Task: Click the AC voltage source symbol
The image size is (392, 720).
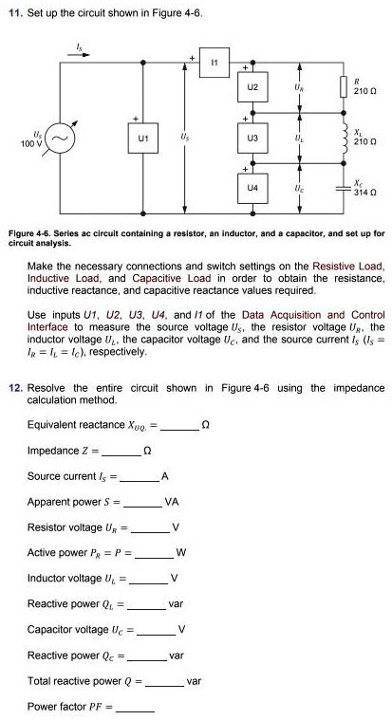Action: pyautogui.click(x=61, y=139)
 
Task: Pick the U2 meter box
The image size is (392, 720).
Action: pyautogui.click(x=252, y=88)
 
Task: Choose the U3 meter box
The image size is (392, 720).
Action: pyautogui.click(x=252, y=138)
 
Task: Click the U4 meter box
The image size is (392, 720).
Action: pyautogui.click(x=252, y=190)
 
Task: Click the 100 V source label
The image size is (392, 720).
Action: pyautogui.click(x=31, y=143)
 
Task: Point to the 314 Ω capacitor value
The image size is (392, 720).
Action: pyautogui.click(x=365, y=193)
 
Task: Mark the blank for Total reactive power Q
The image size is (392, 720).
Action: pyautogui.click(x=164, y=682)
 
